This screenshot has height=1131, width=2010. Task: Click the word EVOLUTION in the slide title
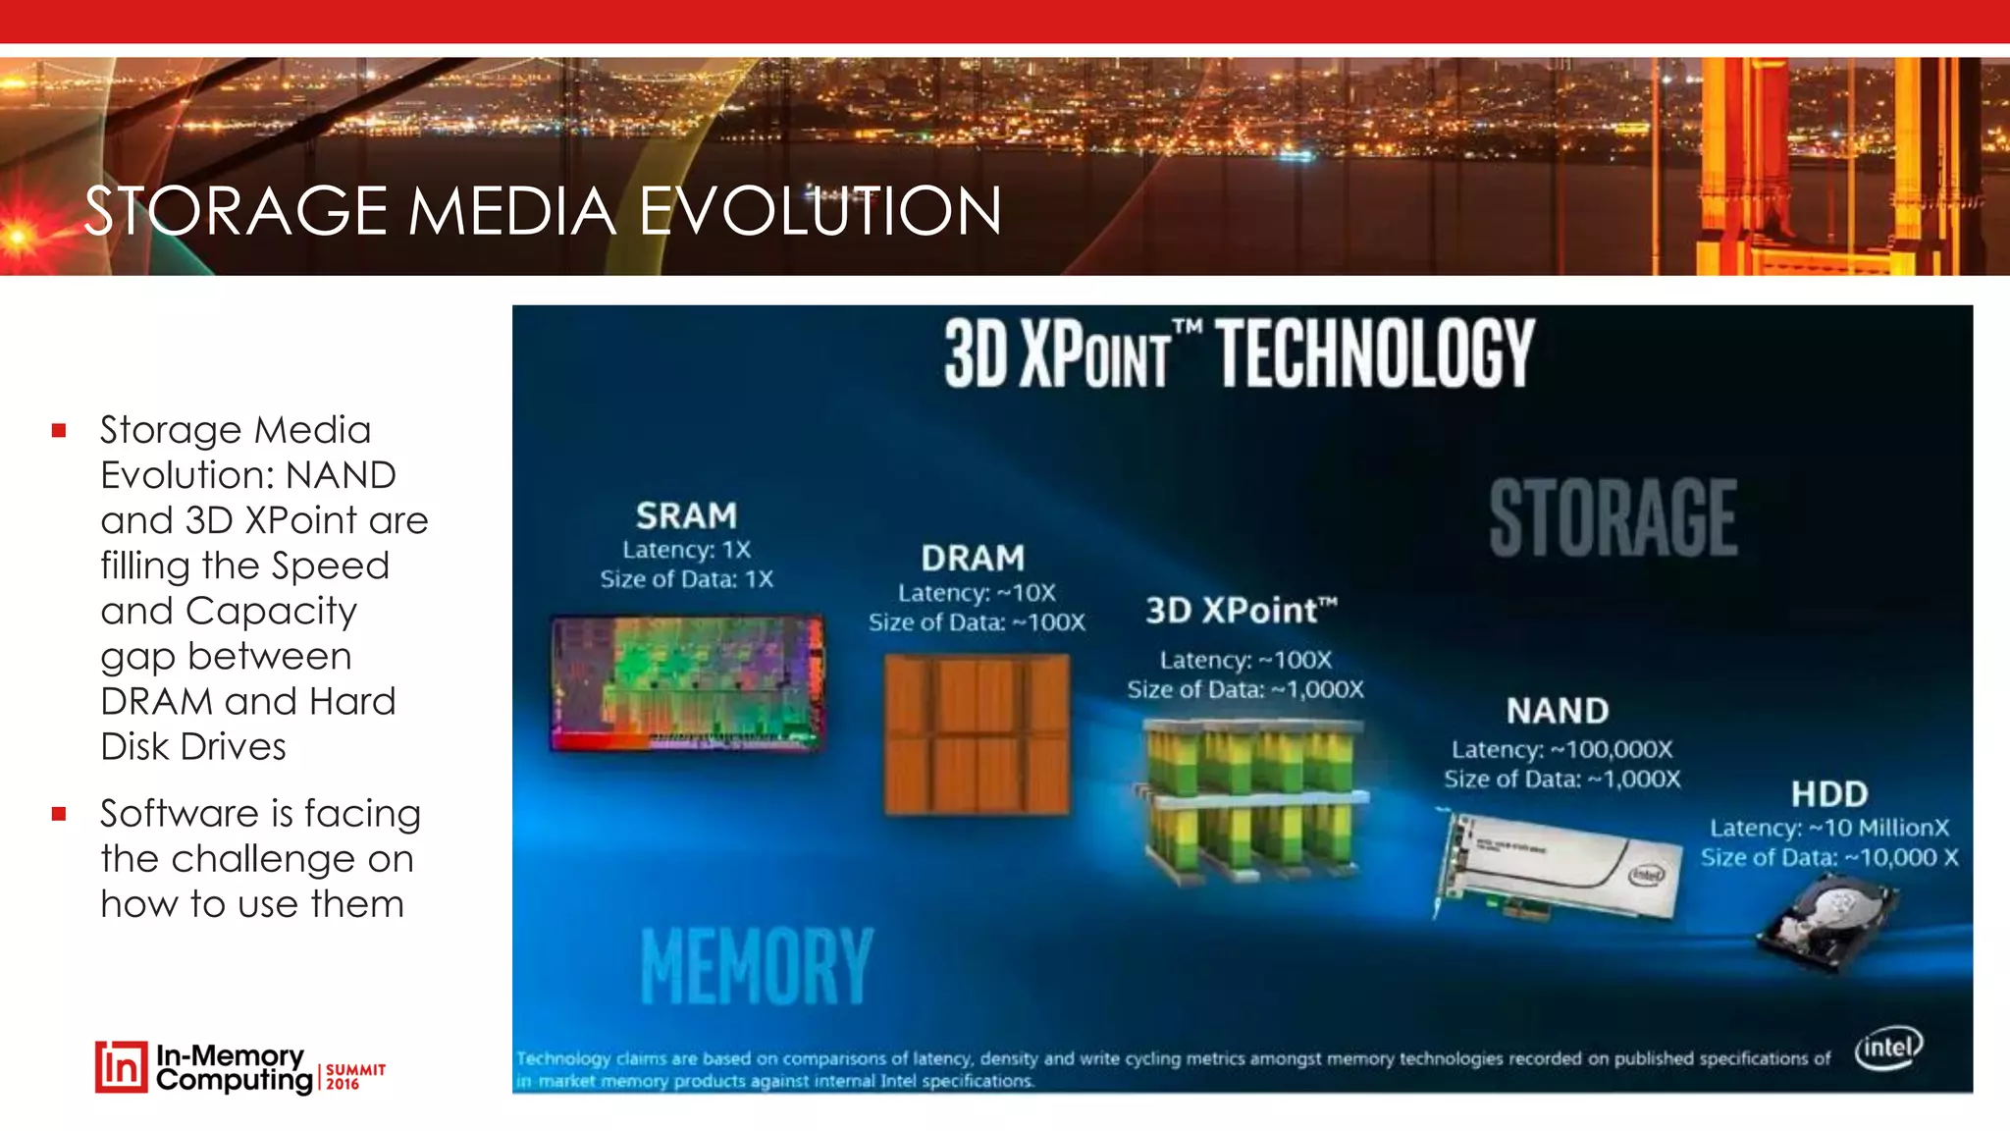coord(820,211)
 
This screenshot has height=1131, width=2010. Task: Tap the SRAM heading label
coord(686,515)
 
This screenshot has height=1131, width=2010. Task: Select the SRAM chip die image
coord(687,684)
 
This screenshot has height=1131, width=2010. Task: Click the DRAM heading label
coord(973,559)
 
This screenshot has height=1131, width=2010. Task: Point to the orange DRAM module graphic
coord(977,734)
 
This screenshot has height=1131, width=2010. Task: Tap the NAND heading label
coord(1558,711)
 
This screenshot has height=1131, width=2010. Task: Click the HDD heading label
coord(1828,793)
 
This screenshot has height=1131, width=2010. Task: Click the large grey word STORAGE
coord(1613,518)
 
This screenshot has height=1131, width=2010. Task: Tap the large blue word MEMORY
coord(756,966)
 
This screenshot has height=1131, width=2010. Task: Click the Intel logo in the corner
coord(1888,1049)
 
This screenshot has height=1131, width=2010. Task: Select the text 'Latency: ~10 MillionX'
coord(1829,828)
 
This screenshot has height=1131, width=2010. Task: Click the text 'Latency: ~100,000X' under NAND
coord(1561,750)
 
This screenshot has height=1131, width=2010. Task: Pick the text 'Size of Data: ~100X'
coord(977,622)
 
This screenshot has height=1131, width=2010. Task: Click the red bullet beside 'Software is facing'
coord(60,814)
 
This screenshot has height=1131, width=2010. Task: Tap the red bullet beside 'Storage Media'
coord(60,430)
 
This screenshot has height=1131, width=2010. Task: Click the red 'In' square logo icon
coord(122,1067)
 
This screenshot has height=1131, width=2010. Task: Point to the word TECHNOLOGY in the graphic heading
coord(1376,353)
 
